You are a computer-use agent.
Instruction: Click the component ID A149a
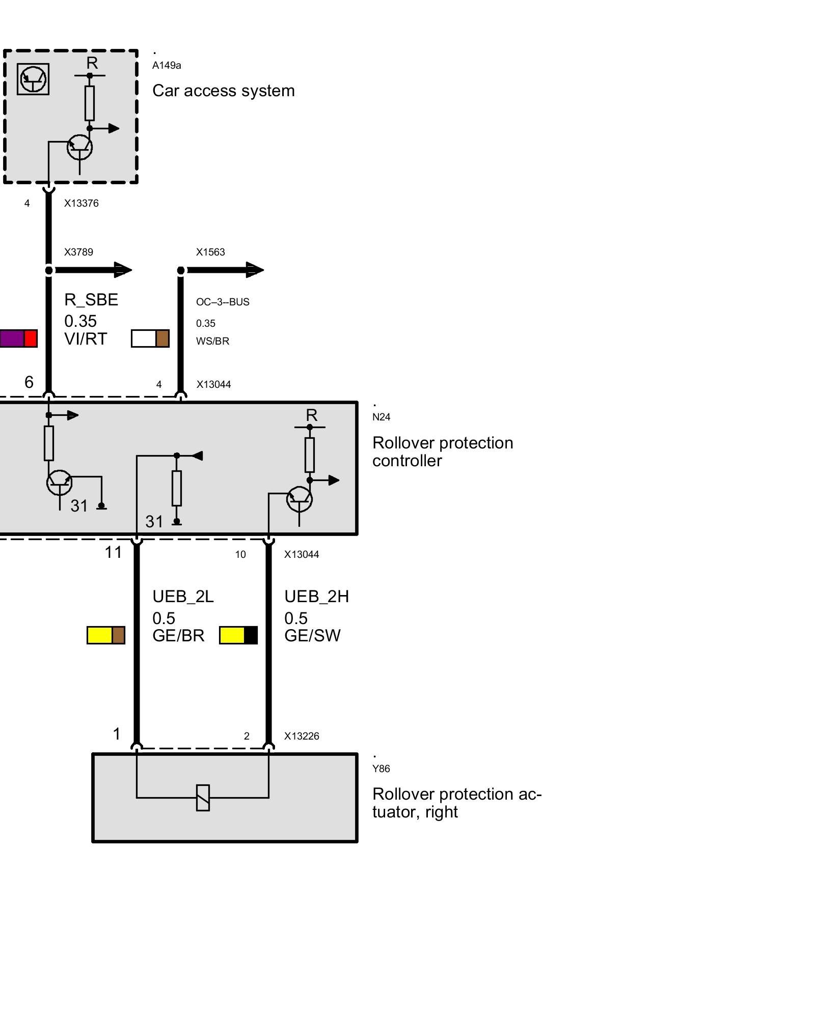167,65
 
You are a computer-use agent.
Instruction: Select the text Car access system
223,91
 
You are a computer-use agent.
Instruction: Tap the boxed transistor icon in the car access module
33,79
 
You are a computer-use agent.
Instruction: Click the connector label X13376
81,203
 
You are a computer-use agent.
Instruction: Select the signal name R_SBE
91,300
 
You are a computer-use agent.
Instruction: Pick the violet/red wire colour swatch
18,338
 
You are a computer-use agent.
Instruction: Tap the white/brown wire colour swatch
150,338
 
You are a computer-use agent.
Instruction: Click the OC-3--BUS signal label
223,302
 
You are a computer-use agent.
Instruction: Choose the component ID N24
381,417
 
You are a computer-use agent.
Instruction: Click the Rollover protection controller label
442,451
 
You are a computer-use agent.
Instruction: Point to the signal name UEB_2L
183,597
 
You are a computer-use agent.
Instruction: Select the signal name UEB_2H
316,597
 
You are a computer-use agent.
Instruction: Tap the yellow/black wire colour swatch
238,635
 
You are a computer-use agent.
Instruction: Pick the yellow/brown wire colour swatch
105,635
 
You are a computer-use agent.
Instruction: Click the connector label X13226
302,736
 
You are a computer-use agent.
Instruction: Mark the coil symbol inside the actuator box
203,798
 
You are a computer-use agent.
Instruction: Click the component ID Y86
381,769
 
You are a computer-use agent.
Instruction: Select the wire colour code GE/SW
312,636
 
